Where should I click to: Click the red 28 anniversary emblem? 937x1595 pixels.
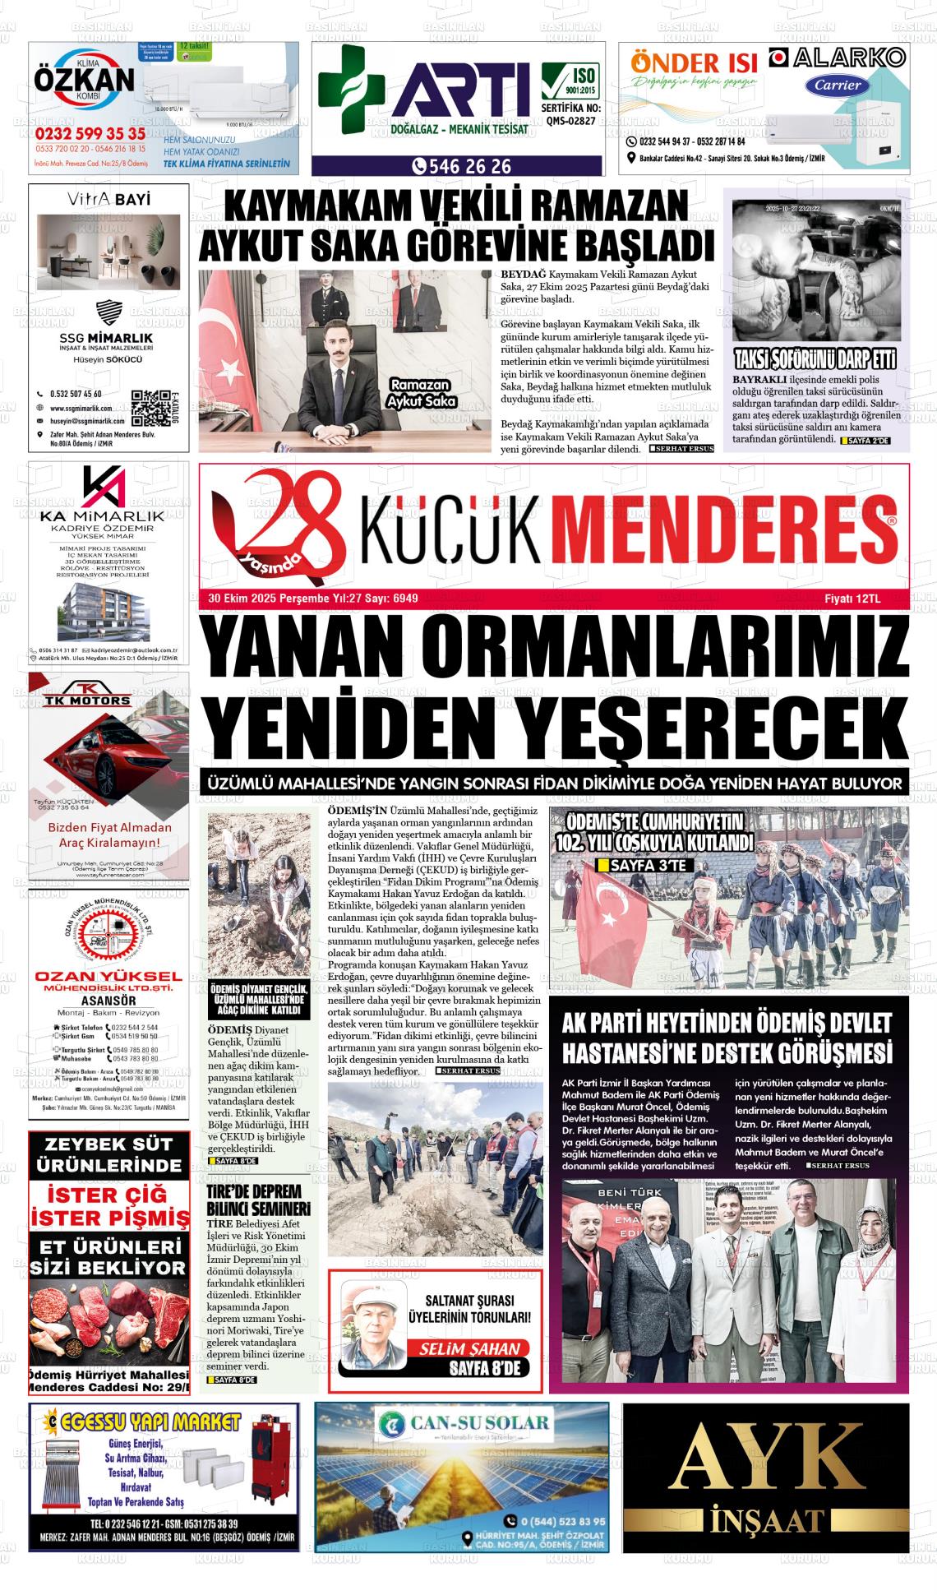coord(279,526)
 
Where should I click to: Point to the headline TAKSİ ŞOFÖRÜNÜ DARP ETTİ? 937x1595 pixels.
coord(815,359)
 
